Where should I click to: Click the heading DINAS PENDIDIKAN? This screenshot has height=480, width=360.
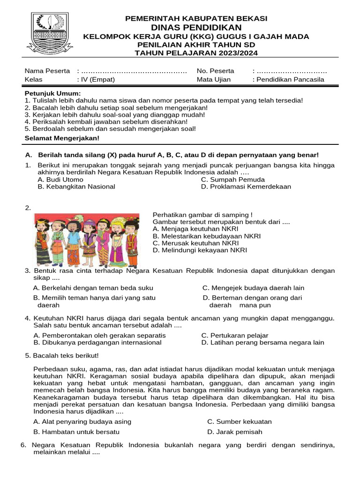pos(196,28)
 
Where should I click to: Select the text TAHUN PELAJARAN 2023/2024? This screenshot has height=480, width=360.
pos(196,52)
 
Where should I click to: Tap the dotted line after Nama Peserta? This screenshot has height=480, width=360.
pos(134,71)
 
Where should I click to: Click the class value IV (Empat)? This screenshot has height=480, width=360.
pos(98,79)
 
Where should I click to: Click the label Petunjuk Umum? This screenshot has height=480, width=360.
pos(52,94)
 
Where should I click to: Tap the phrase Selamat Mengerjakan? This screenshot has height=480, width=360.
pos(62,138)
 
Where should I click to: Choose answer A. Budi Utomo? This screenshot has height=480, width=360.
pos(60,180)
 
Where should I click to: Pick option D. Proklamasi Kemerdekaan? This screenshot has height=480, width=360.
pos(246,187)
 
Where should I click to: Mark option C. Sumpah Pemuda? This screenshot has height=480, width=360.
pos(232,180)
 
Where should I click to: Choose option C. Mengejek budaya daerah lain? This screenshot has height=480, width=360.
pos(253,288)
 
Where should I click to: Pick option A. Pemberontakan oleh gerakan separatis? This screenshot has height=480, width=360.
pos(100,336)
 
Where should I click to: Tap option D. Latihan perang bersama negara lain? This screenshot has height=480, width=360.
pos(262,343)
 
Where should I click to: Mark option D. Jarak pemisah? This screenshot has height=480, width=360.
pos(234,432)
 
